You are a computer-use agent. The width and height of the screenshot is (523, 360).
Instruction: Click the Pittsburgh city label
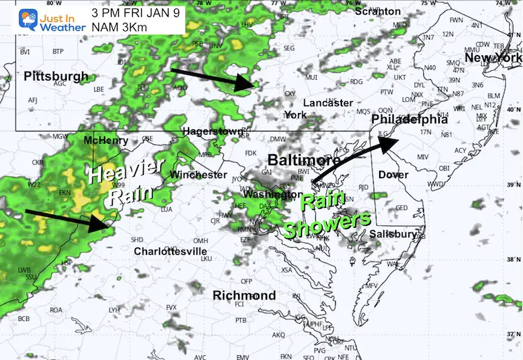pyautogui.click(x=55, y=76)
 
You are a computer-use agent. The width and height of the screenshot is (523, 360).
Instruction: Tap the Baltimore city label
pyautogui.click(x=303, y=160)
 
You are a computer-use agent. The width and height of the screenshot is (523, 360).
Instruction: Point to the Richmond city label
pyautogui.click(x=244, y=295)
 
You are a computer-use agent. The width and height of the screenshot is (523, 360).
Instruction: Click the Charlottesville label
pyautogui.click(x=171, y=251)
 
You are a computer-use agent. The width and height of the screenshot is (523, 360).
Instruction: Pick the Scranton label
pyautogui.click(x=378, y=11)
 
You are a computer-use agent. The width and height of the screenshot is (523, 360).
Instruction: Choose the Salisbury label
pyautogui.click(x=393, y=234)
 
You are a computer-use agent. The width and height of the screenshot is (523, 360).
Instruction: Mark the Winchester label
pyautogui.click(x=199, y=175)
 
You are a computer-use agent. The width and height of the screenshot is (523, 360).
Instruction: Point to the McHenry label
pyautogui.click(x=105, y=140)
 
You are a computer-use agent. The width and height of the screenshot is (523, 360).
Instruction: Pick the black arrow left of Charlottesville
pyautogui.click(x=69, y=218)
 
